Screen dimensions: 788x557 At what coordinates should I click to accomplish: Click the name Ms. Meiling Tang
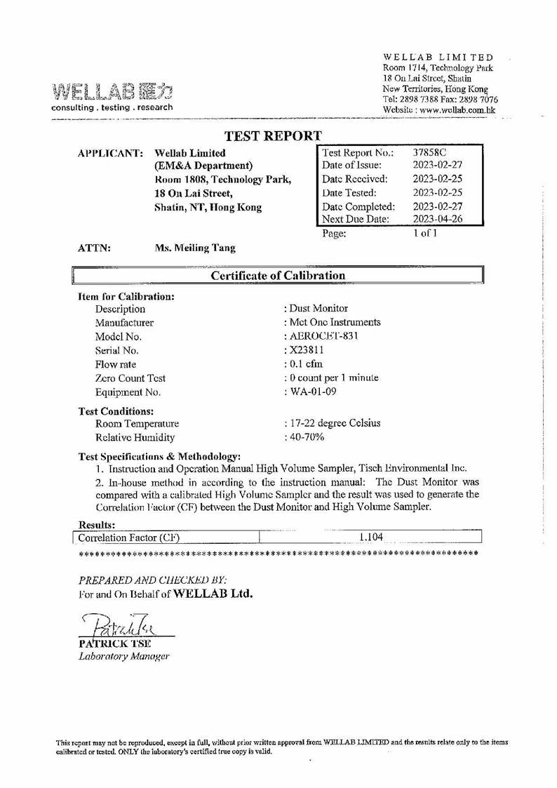click(x=194, y=248)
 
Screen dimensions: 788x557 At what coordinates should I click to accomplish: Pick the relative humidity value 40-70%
click(x=304, y=437)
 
